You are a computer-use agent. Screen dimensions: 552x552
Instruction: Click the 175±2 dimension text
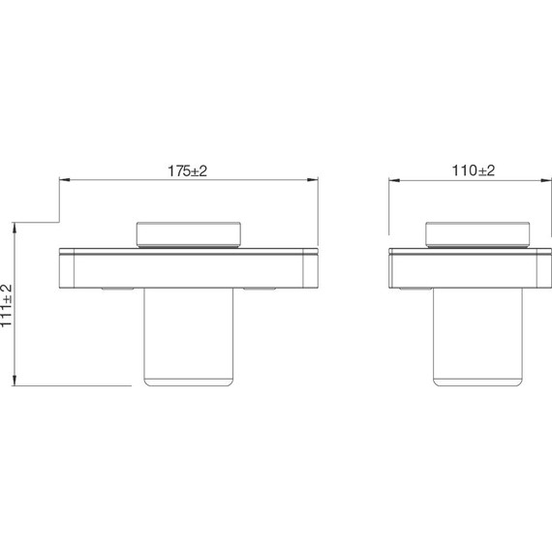(189, 169)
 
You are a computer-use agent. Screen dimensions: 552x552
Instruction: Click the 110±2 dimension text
(474, 169)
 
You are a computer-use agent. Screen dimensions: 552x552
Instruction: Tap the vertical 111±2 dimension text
(8, 305)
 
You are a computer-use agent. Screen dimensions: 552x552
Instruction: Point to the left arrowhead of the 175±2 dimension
(64, 179)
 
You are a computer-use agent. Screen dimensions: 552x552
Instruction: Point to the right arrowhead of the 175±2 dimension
(314, 179)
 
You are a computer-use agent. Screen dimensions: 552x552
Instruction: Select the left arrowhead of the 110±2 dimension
(393, 179)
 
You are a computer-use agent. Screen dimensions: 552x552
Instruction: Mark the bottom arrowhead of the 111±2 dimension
(15, 382)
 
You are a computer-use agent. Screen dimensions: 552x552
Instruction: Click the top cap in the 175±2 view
(189, 233)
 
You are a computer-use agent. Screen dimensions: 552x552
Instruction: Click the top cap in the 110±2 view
(476, 233)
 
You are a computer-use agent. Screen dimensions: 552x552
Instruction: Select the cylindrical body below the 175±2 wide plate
(189, 334)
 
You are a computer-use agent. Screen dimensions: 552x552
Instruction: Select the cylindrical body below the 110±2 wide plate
(476, 334)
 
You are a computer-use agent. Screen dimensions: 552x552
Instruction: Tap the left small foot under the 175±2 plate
(117, 290)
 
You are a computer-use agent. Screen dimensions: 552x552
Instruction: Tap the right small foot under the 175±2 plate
(261, 290)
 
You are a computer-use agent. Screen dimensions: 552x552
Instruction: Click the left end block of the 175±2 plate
(68, 268)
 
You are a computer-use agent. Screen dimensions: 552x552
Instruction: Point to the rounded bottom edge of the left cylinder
(189, 383)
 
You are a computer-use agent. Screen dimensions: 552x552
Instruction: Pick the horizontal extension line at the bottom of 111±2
(73, 386)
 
